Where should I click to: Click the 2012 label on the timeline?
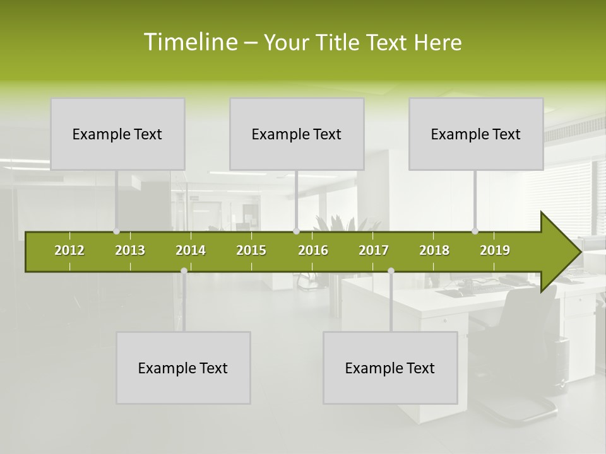(69, 250)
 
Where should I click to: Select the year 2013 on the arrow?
(130, 250)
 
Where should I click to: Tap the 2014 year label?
(191, 250)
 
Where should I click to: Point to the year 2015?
(251, 250)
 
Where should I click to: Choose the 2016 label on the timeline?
(313, 250)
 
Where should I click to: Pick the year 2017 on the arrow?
(374, 250)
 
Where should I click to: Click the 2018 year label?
(434, 250)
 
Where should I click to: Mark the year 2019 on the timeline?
(495, 250)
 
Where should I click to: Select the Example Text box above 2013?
(117, 134)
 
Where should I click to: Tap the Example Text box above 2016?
(297, 134)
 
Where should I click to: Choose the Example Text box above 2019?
(476, 134)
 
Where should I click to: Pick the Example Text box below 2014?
(183, 368)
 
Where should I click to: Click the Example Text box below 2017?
(390, 368)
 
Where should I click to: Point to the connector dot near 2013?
(116, 231)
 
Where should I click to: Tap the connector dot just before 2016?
(296, 231)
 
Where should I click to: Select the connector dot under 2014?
(184, 271)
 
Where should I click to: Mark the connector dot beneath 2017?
(391, 271)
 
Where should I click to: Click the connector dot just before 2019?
(475, 231)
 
